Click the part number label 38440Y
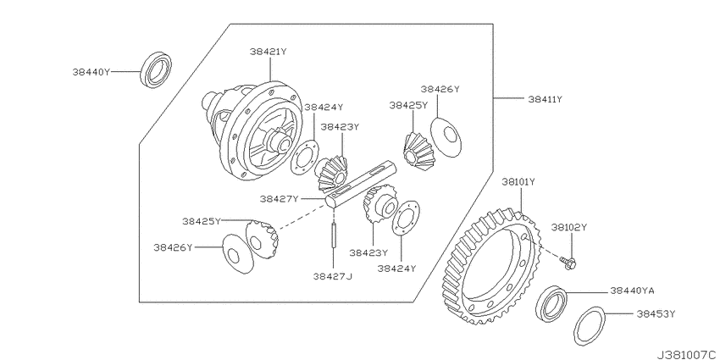click(91, 72)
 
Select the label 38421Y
click(269, 52)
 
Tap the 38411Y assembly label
click(545, 99)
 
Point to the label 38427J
click(333, 276)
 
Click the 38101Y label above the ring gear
click(518, 182)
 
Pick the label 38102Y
click(569, 227)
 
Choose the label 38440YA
click(632, 291)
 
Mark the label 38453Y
click(656, 314)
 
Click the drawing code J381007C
click(688, 355)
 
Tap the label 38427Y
click(280, 199)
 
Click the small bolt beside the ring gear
click(568, 263)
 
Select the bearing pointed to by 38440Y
click(156, 70)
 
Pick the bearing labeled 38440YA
click(551, 303)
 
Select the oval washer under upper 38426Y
click(446, 137)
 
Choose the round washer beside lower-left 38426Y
click(238, 254)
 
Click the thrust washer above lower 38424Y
click(406, 219)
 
